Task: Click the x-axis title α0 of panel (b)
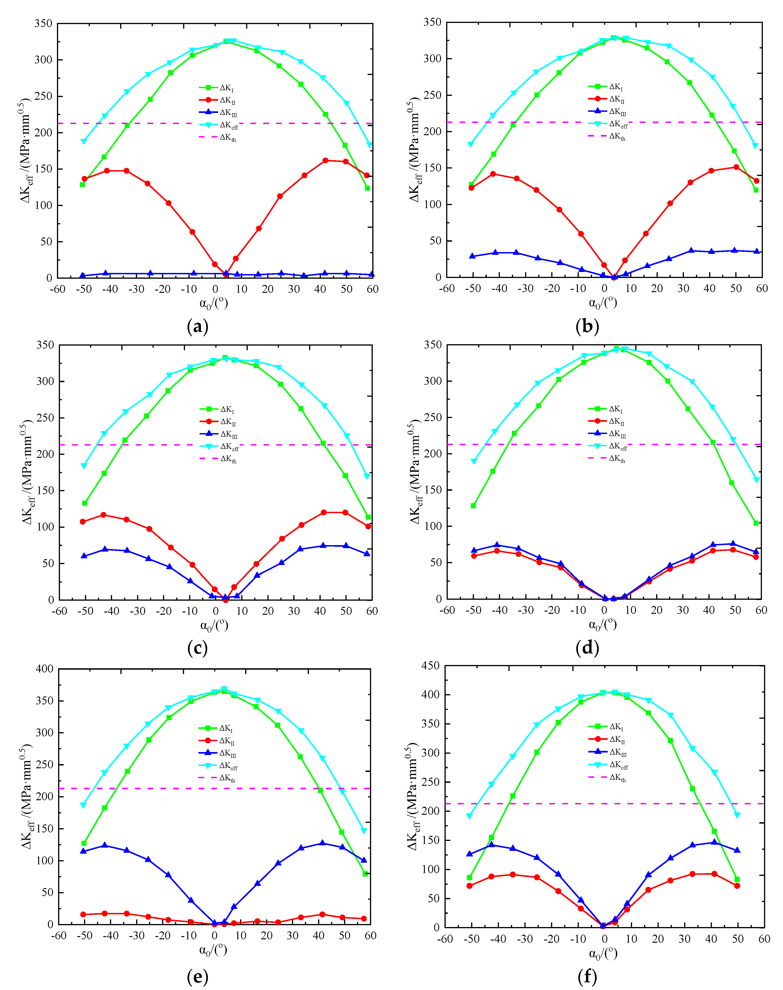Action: tap(602, 303)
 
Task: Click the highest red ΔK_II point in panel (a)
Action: tap(325, 160)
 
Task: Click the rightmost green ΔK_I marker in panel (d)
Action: tap(756, 523)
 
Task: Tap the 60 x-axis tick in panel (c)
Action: tap(372, 611)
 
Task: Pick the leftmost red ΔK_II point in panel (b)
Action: tap(471, 187)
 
